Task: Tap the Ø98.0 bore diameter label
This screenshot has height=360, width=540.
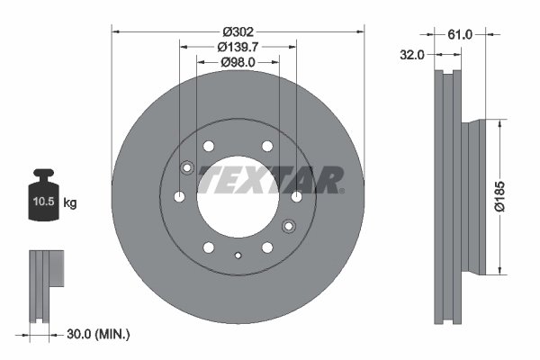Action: click(x=238, y=62)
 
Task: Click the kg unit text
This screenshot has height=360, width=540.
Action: click(x=70, y=203)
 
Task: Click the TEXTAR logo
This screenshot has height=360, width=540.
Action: click(x=270, y=179)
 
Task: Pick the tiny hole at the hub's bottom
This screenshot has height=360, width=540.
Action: click(x=238, y=256)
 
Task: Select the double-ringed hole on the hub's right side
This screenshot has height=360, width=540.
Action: click(x=289, y=226)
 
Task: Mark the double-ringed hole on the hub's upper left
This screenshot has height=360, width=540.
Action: click(x=187, y=167)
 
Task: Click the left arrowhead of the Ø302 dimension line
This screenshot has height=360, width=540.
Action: click(x=115, y=30)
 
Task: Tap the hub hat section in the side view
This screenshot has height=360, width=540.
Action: click(x=478, y=195)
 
